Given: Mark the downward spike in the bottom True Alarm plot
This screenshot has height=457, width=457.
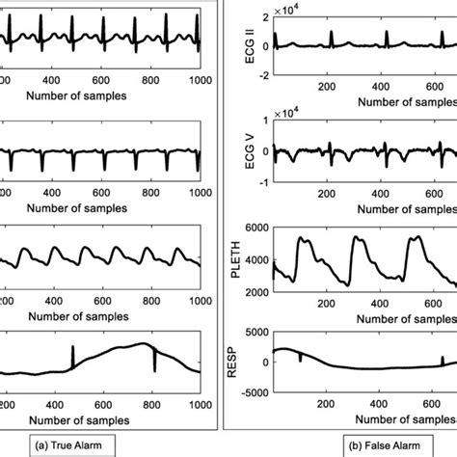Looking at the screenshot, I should click(154, 359).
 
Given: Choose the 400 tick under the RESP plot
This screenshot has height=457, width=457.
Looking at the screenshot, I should click(384, 405).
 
